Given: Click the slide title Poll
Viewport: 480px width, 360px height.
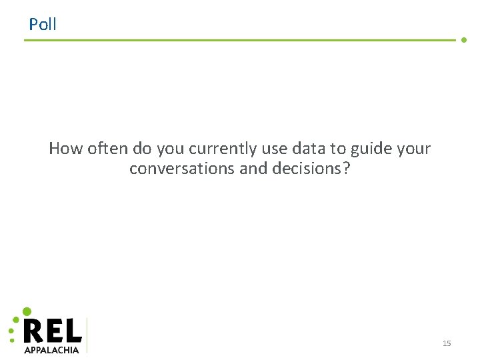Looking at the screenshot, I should click(43, 25).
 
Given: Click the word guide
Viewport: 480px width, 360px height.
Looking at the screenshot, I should click(370, 149).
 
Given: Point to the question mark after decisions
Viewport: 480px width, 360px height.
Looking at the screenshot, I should click(346, 169).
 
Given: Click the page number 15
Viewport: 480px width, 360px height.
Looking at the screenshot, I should click(447, 343).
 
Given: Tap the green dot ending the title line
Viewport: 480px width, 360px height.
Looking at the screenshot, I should click(464, 40).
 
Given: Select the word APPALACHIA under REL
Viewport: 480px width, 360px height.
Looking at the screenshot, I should click(51, 349).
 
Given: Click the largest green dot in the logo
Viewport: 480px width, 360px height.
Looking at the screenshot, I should click(27, 311).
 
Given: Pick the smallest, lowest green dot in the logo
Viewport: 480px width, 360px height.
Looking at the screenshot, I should click(11, 341).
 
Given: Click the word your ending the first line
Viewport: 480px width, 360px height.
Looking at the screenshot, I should click(413, 149).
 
